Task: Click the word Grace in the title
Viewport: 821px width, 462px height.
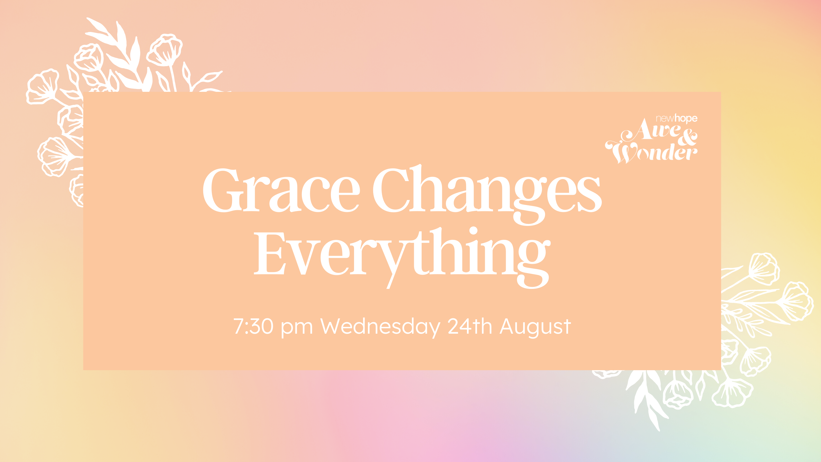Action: coord(281,190)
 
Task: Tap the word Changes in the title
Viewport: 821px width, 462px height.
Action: coord(487,194)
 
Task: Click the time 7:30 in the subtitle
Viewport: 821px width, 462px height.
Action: coord(253,326)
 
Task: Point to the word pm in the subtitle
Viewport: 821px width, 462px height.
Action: coord(296,329)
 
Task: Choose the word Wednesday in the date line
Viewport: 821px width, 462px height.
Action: coord(380,327)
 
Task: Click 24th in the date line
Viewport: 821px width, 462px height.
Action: coord(470,326)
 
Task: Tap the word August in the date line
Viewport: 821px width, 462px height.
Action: coord(535,327)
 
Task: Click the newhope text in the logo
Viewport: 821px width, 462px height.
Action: coord(676,119)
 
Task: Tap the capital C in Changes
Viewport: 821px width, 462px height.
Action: coord(391,190)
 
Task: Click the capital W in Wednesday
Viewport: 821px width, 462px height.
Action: coord(332,326)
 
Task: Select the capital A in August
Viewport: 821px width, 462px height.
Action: coord(508,326)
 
